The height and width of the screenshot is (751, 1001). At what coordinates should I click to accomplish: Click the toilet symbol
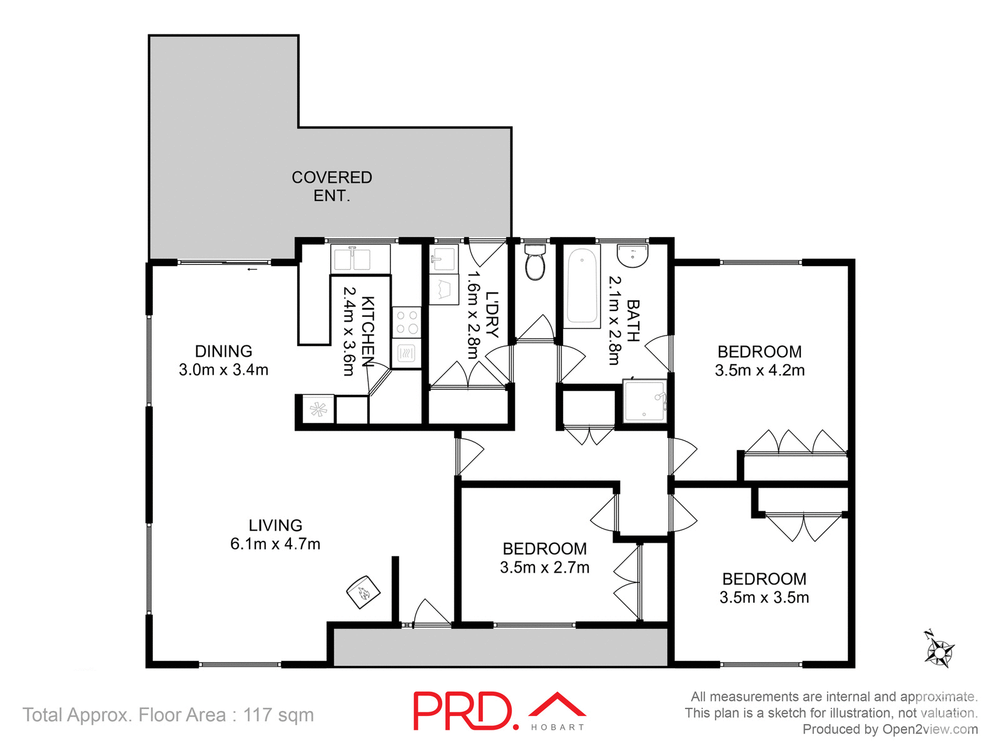[535, 263]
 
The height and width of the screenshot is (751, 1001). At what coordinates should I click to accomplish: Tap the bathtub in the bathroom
[582, 285]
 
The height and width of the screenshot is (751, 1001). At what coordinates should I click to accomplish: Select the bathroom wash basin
[633, 256]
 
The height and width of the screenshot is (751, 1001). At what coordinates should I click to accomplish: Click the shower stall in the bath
[645, 401]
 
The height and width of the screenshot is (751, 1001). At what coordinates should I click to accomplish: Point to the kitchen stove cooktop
[407, 322]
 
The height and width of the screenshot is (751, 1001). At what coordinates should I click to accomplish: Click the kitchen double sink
[352, 258]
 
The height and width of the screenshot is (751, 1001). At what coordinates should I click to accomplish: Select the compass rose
[939, 651]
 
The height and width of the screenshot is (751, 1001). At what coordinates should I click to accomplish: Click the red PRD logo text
[462, 711]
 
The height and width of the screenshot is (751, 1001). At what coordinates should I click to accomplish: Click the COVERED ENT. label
[332, 186]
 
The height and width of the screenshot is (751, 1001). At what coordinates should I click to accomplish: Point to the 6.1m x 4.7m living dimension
[275, 544]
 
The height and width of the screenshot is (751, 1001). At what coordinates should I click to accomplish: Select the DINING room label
[223, 351]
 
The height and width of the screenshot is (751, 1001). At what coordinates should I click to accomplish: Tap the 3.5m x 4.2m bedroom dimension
[760, 370]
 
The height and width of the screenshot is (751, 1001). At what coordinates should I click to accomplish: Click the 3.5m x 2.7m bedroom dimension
[544, 568]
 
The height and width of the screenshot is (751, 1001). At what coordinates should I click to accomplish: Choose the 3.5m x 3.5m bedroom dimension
[764, 598]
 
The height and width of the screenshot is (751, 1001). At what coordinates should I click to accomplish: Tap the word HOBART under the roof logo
[557, 727]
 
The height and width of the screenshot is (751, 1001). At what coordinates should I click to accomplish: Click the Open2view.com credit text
[930, 729]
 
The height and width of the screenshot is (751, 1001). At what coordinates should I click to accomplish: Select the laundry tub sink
[444, 258]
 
